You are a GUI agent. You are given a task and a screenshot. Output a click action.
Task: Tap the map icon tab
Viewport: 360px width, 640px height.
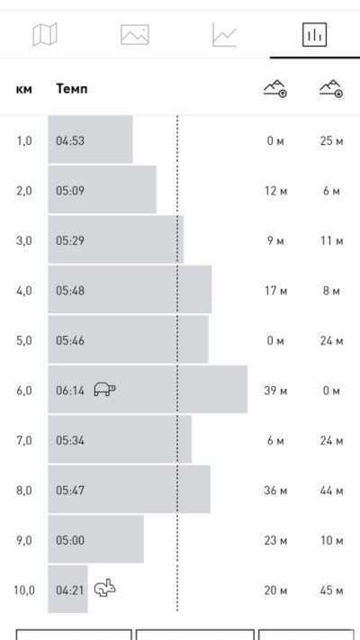click(x=45, y=35)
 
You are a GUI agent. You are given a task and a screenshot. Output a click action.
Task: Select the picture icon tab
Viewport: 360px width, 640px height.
click(x=135, y=35)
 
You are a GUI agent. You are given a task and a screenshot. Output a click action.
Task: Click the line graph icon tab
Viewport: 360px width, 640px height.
click(x=224, y=35)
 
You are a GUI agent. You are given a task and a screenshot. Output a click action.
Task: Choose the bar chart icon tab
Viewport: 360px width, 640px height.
click(x=314, y=35)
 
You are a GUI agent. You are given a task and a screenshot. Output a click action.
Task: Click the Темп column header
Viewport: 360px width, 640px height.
click(x=72, y=88)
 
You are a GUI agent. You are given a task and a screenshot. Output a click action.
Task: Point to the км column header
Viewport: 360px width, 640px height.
click(x=24, y=89)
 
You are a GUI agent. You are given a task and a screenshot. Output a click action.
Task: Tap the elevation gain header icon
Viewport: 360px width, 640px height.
click(x=275, y=88)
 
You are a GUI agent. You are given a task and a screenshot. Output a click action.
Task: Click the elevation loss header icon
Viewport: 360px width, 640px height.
click(x=331, y=88)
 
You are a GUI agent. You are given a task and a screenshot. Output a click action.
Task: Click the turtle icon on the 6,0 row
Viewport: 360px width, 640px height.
click(x=105, y=389)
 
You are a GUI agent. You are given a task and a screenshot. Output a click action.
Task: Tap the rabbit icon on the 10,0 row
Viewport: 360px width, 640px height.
click(x=105, y=588)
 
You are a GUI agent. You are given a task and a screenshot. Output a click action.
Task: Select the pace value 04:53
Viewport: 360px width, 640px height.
click(x=70, y=140)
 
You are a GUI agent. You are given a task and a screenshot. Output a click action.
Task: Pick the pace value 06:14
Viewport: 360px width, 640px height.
click(x=70, y=391)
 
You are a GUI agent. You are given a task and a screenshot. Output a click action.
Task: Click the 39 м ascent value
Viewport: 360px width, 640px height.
click(x=275, y=391)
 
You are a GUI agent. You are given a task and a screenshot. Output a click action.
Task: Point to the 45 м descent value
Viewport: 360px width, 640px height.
click(x=331, y=590)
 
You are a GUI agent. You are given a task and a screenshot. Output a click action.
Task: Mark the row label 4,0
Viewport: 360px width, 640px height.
click(x=24, y=291)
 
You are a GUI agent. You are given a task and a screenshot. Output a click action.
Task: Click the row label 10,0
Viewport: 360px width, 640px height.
click(x=24, y=590)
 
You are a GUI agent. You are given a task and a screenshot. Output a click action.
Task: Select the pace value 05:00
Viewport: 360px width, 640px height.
click(x=70, y=540)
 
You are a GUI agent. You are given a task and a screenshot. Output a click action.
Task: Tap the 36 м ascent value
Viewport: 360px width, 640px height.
click(x=275, y=491)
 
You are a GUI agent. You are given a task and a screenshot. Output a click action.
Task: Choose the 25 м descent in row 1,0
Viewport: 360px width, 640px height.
click(x=331, y=140)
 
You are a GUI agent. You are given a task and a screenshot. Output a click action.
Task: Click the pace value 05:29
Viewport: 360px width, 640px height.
click(x=70, y=240)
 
